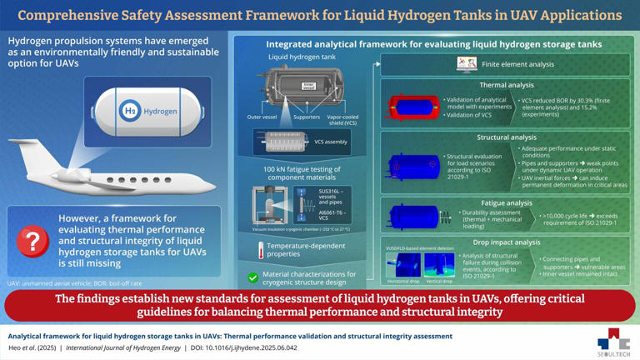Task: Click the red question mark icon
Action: (x=32, y=240)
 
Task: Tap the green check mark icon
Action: (x=252, y=277)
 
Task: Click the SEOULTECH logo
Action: (x=613, y=342)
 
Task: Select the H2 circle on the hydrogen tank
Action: (x=130, y=111)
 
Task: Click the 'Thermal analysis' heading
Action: (x=507, y=85)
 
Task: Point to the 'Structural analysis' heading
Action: (x=507, y=137)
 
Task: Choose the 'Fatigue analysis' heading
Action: (x=507, y=202)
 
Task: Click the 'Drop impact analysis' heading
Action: (x=506, y=242)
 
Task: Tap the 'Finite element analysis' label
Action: (x=517, y=64)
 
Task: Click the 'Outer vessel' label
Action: (x=262, y=117)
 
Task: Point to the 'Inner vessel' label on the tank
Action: (x=308, y=85)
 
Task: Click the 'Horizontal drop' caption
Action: (x=402, y=281)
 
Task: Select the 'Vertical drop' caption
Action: (x=439, y=281)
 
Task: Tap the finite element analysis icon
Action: (x=467, y=64)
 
